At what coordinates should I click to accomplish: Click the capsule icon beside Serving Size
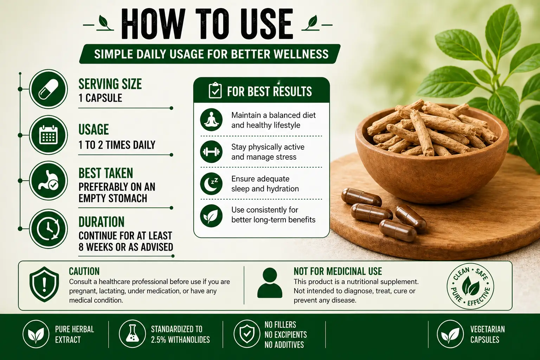tap(48, 89)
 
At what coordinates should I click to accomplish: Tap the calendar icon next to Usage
tap(48, 135)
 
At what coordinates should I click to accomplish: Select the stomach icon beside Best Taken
tap(48, 181)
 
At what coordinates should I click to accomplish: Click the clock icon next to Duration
tap(48, 229)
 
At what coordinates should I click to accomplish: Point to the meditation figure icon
tap(211, 120)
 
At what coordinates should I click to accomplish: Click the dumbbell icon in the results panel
tap(211, 152)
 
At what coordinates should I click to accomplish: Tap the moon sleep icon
tap(211, 184)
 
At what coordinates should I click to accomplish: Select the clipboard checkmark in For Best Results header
tap(215, 91)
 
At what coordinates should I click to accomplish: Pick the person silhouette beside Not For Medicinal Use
tap(270, 283)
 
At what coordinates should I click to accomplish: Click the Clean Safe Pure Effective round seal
tap(470, 285)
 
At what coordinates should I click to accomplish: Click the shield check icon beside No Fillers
tap(247, 333)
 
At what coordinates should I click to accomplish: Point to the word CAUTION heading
tap(84, 271)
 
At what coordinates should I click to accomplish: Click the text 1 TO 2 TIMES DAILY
tap(117, 145)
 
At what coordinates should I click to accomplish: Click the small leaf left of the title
tap(103, 22)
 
